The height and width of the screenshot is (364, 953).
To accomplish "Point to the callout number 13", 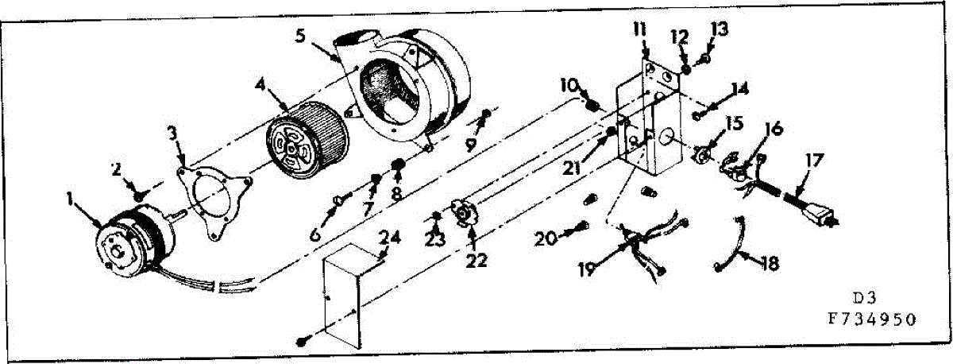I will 719,29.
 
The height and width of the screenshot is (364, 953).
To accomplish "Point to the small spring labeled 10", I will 592,103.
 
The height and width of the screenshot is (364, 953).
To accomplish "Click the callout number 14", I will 739,88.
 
